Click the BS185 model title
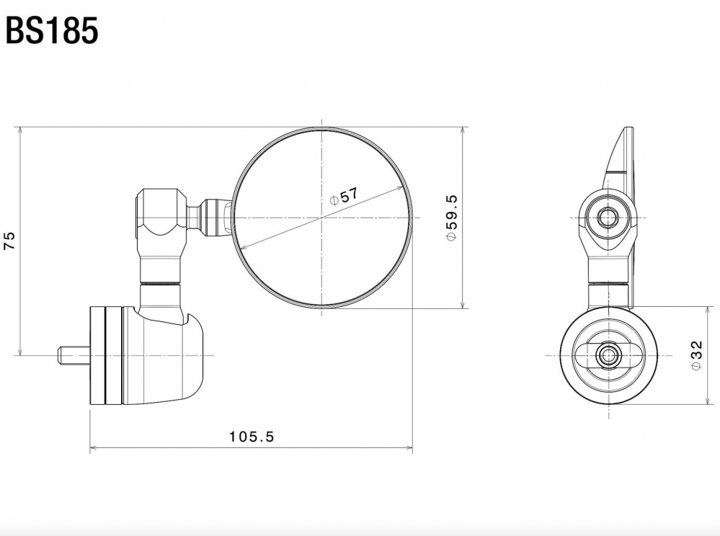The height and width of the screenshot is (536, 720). coord(52,30)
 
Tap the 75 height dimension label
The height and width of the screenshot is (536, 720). coord(9,241)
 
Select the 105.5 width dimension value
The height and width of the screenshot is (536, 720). coord(252,436)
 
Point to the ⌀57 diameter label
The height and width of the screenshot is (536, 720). coord(345,196)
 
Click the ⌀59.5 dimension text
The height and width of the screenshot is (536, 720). coord(451,218)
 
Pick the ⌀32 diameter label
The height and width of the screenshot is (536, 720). coord(696,355)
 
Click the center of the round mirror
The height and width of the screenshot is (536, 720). coord(321,217)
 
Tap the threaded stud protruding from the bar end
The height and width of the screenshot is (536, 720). coord(74,355)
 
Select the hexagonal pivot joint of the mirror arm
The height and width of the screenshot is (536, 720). coord(161,212)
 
